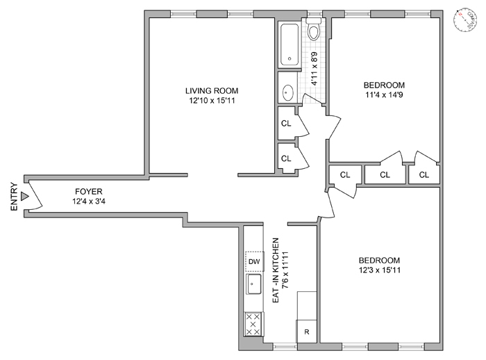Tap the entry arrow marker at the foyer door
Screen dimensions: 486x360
pyautogui.click(x=26, y=197)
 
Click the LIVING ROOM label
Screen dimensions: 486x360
pyautogui.click(x=212, y=90)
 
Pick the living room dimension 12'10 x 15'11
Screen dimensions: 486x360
pyautogui.click(x=212, y=101)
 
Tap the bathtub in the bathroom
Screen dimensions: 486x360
pyautogui.click(x=290, y=45)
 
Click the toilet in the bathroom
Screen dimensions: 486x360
pyautogui.click(x=314, y=30)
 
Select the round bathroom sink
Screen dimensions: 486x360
pyautogui.click(x=288, y=90)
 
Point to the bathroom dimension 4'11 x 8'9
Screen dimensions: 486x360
pyautogui.click(x=314, y=69)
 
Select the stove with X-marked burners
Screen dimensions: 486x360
pyautogui.click(x=254, y=324)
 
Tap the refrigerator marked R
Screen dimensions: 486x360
pyautogui.click(x=307, y=332)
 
